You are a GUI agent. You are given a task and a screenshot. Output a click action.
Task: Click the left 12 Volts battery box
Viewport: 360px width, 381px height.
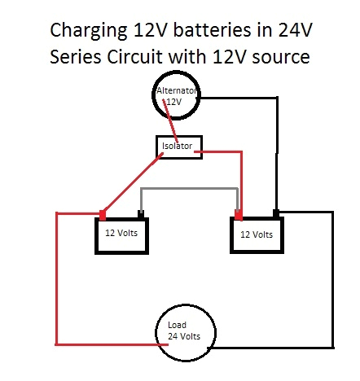pos(123,235)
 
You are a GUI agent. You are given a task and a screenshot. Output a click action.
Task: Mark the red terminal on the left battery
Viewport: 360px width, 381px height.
pos(103,215)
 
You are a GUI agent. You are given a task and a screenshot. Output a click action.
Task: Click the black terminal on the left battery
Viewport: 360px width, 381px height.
pos(142,216)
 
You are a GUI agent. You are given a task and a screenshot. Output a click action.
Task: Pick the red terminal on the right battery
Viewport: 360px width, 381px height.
pos(239,216)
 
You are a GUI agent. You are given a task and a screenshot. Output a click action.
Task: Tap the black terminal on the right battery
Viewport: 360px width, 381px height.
pos(277,215)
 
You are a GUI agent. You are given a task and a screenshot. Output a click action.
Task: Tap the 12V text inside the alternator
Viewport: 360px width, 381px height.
pos(173,103)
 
